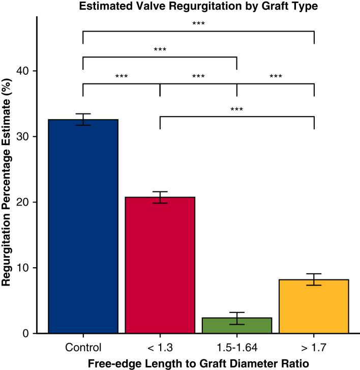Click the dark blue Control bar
(83, 226)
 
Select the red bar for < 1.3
(160, 265)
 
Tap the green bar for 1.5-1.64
(237, 325)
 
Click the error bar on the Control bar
(83, 120)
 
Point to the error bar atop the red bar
(160, 197)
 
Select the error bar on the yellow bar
(314, 279)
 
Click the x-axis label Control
(83, 348)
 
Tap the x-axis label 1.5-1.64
(237, 348)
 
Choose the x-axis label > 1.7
(314, 348)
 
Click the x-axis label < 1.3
(160, 348)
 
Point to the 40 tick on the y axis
(25, 71)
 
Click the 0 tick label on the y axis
(28, 333)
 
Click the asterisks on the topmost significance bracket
(198, 23)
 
